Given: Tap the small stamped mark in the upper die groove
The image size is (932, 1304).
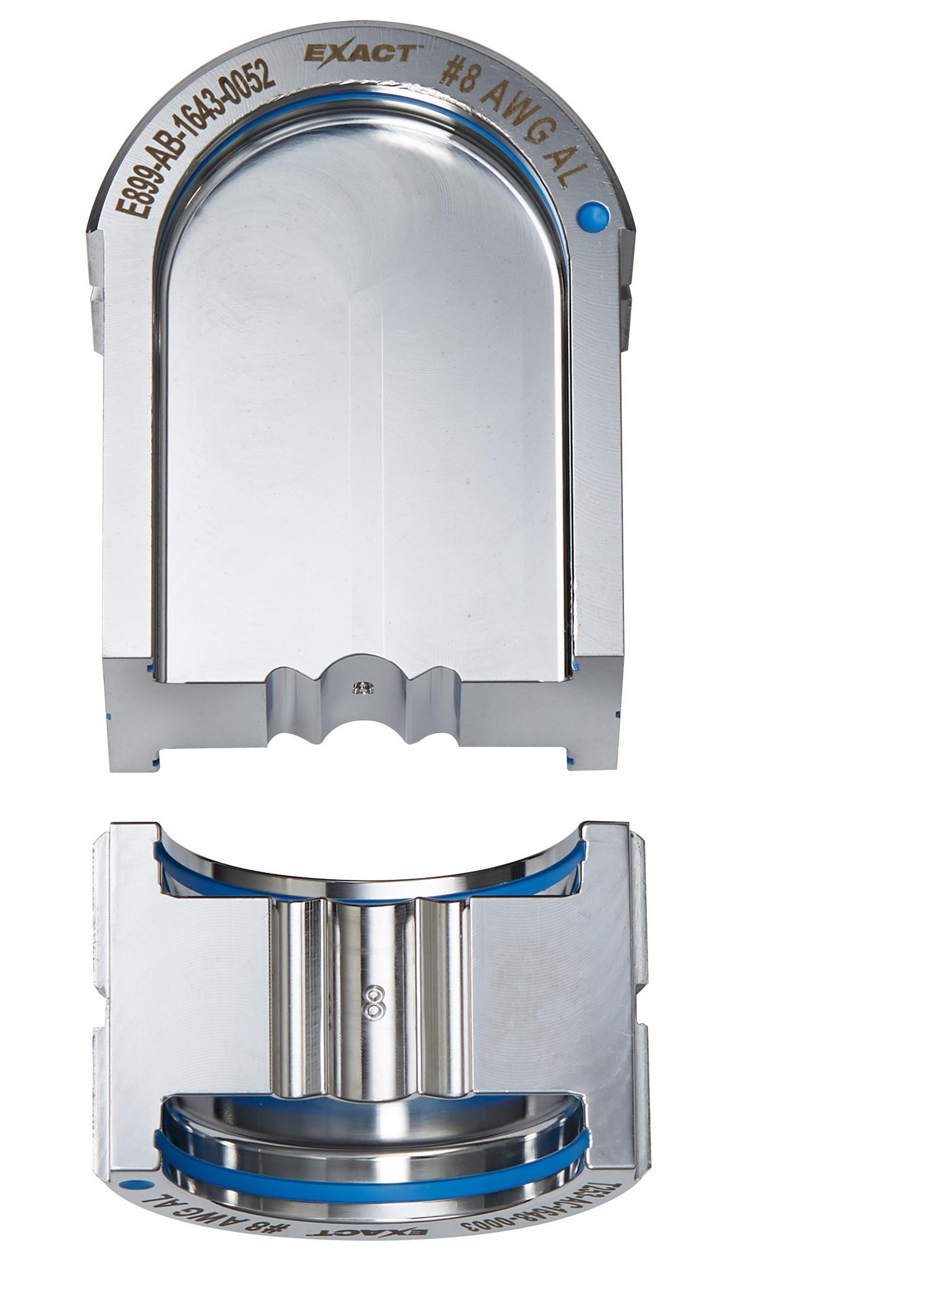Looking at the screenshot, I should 362,687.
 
